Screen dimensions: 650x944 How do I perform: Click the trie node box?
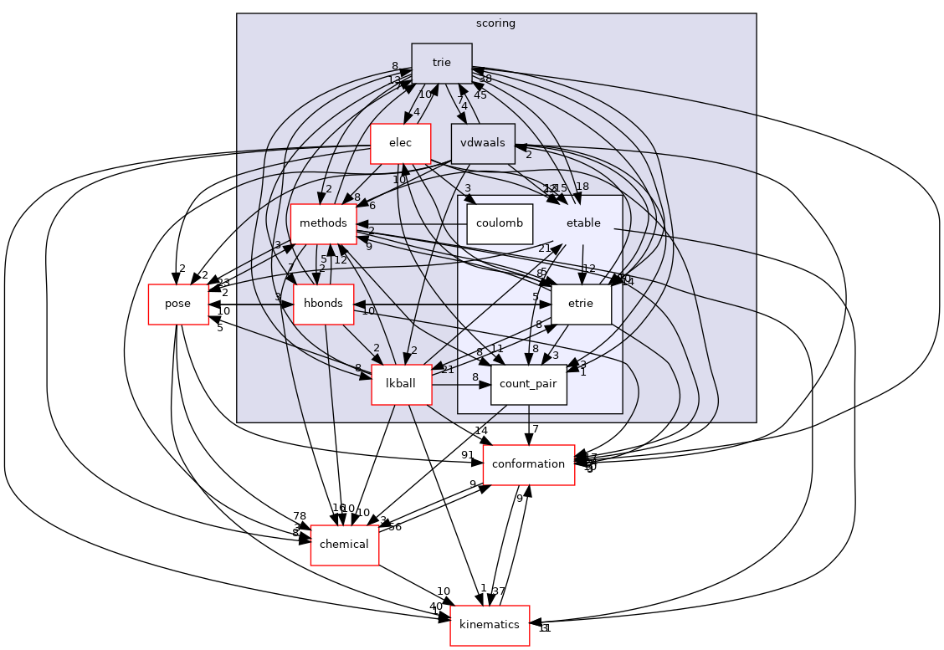pos(442,63)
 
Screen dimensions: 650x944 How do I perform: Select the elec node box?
pos(400,143)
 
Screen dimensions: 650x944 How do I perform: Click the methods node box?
pos(323,223)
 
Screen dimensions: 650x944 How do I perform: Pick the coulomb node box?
pos(500,223)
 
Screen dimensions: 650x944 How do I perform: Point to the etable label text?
pos(583,223)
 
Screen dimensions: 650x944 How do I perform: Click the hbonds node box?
pos(323,303)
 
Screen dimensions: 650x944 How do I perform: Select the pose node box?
pos(177,304)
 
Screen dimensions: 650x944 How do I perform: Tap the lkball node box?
pos(401,383)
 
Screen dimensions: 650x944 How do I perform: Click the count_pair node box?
pos(529,384)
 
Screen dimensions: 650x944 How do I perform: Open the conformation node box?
pos(528,464)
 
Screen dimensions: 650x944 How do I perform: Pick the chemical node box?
pos(345,545)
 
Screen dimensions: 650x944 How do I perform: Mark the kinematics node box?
pos(490,625)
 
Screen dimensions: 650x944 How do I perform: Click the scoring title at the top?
pos(495,23)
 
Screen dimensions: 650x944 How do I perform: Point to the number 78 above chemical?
pos(299,516)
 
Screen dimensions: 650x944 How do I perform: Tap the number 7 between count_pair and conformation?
pos(536,430)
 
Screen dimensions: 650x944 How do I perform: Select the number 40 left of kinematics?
pos(435,607)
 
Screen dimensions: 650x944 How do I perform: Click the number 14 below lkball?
pos(480,431)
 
